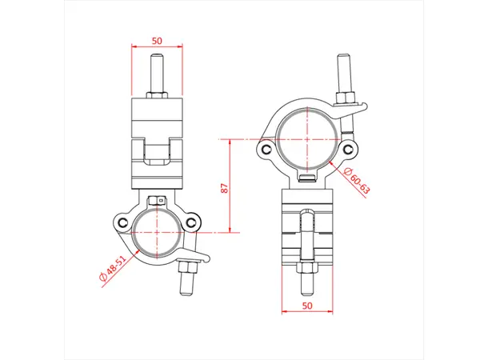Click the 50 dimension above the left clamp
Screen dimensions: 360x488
click(156, 39)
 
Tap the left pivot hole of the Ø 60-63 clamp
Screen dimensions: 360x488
click(267, 149)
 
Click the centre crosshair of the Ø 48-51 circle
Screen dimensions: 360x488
click(157, 231)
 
